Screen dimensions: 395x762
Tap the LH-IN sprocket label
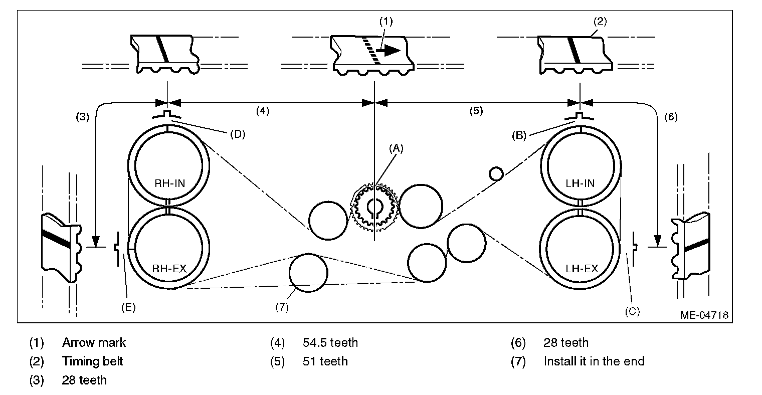582,183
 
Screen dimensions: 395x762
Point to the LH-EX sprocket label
582,268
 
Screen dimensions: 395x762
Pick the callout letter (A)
396,148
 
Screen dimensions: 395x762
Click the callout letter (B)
518,135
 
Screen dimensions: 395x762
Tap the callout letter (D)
238,134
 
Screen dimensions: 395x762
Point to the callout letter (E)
128,307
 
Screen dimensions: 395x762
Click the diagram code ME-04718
704,315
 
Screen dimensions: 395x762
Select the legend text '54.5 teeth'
330,343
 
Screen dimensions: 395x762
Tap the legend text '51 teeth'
325,361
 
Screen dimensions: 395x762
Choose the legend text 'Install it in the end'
594,361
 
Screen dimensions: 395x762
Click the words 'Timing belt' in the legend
92,361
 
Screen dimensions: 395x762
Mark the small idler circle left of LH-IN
496,173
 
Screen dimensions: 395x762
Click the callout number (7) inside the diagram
282,307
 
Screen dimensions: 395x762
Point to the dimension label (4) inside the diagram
263,111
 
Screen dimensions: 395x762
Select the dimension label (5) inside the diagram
476,111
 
